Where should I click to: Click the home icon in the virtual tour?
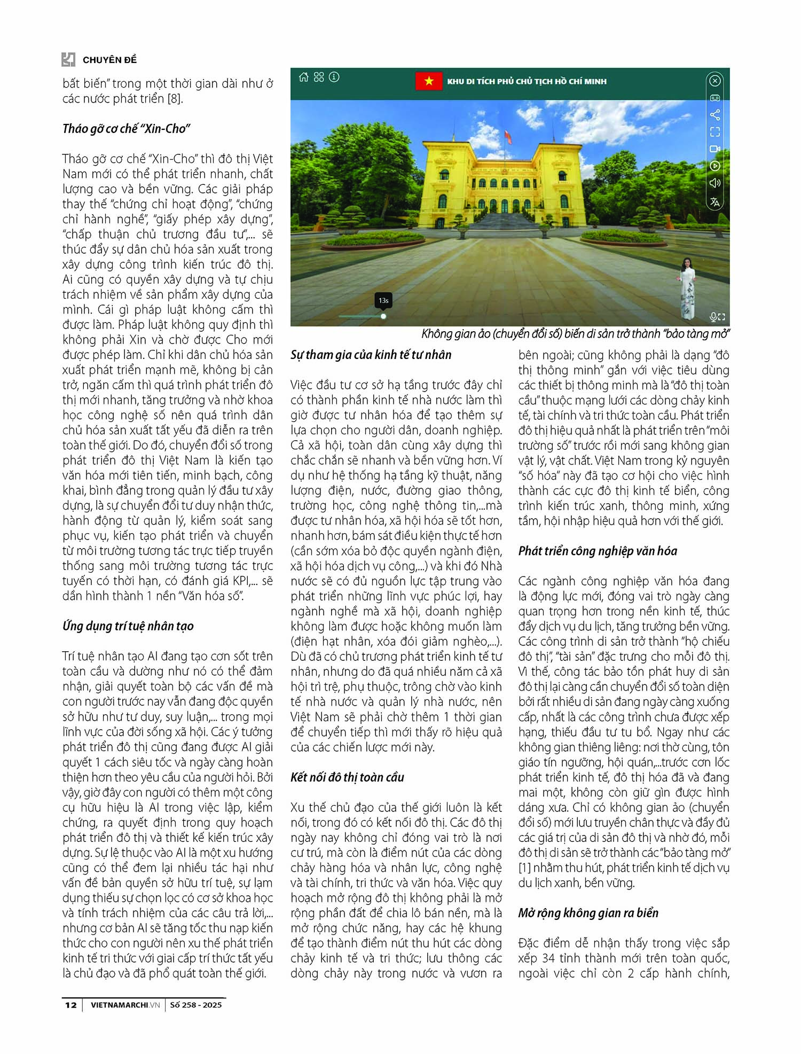click(x=304, y=77)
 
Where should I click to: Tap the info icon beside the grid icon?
click(x=334, y=77)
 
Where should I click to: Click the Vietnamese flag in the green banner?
click(x=429, y=81)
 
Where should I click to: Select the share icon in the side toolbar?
click(x=714, y=115)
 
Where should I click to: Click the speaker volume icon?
click(x=714, y=183)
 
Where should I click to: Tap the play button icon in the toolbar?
click(x=714, y=166)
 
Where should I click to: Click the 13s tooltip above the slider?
click(x=383, y=301)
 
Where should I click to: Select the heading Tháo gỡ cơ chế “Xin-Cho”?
click(x=127, y=129)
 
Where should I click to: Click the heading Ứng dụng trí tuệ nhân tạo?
click(x=128, y=626)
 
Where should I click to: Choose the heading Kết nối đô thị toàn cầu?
click(x=347, y=777)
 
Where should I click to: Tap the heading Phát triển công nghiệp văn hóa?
click(x=598, y=551)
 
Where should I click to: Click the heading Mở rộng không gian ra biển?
click(x=588, y=913)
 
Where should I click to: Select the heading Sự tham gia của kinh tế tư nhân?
click(x=371, y=355)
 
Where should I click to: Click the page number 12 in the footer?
click(x=70, y=1005)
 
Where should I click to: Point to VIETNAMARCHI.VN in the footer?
click(x=125, y=1005)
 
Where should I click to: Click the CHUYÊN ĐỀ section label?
click(x=109, y=60)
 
